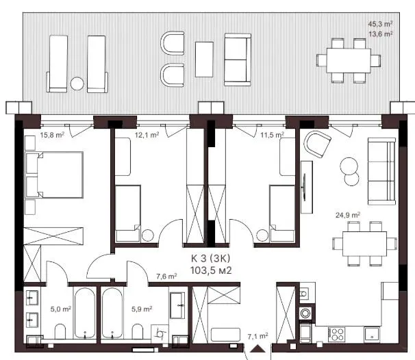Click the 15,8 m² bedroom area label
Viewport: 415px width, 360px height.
click(53, 135)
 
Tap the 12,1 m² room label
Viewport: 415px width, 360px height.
click(147, 135)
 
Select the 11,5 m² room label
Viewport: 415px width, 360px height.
click(273, 135)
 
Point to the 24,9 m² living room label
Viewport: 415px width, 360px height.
click(348, 215)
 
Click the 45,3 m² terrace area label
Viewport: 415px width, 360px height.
click(380, 24)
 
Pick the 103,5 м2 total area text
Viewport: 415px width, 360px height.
click(211, 270)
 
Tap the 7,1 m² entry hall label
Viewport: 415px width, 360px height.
click(257, 337)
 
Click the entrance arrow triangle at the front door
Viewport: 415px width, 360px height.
click(257, 349)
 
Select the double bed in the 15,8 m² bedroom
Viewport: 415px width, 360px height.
click(54, 175)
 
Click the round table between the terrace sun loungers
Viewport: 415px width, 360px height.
click(77, 83)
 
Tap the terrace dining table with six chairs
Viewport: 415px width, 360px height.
click(349, 60)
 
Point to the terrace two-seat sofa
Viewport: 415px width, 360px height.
click(238, 60)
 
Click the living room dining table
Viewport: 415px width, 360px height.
click(365, 244)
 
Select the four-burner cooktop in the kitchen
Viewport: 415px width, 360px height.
click(337, 335)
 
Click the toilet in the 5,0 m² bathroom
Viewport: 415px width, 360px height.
click(60, 331)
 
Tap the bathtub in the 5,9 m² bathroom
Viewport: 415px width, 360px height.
click(112, 313)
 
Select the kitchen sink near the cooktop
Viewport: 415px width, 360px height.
click(372, 335)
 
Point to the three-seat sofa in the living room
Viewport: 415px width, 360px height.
click(381, 171)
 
